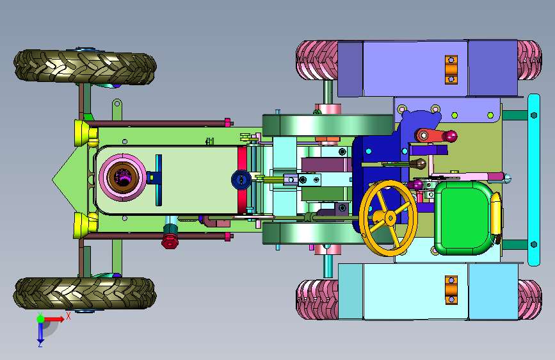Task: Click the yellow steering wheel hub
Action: pyautogui.click(x=390, y=218)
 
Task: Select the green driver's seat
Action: pyautogui.click(x=463, y=218)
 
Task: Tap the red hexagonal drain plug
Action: pyautogui.click(x=170, y=241)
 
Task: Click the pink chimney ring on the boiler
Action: pyautogui.click(x=122, y=177)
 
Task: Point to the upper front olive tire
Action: pyautogui.click(x=85, y=67)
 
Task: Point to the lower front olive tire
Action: pyautogui.click(x=85, y=293)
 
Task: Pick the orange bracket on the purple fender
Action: pyautogui.click(x=451, y=69)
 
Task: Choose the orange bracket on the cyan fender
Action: pyautogui.click(x=451, y=290)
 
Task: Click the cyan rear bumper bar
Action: pyautogui.click(x=534, y=179)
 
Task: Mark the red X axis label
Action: pyautogui.click(x=68, y=316)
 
